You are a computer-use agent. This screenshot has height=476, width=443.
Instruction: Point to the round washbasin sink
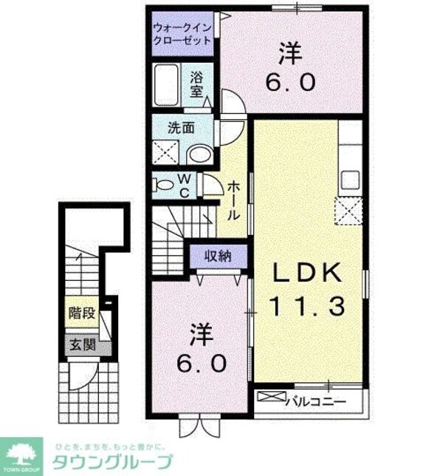tap(197, 153)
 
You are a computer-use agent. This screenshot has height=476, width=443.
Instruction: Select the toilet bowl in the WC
tap(162, 184)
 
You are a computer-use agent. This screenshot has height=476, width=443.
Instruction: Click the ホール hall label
tap(233, 201)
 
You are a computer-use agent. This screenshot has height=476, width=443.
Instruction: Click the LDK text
tap(309, 274)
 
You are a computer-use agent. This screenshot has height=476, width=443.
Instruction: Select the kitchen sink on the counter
tap(349, 180)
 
